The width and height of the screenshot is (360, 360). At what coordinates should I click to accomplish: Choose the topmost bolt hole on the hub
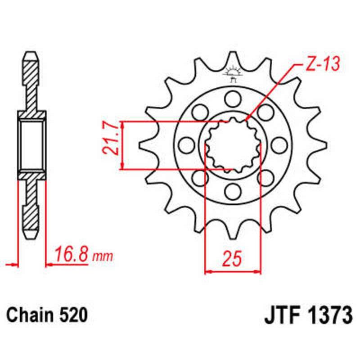tap(233, 98)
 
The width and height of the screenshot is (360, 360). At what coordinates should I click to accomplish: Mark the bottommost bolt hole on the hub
tap(233, 192)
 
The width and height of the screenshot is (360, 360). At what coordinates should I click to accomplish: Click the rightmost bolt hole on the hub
tap(279, 144)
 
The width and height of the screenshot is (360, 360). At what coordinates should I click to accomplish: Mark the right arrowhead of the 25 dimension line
tap(258, 271)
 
